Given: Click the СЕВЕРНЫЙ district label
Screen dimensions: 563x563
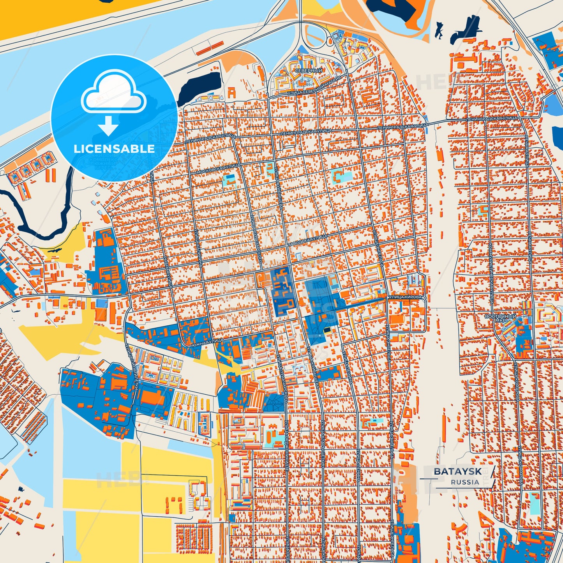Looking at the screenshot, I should coord(308,71).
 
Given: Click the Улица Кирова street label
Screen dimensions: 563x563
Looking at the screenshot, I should coord(405,297).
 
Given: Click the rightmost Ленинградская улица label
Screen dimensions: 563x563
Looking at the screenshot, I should coord(491,118).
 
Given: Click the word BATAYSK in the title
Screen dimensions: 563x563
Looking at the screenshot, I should coord(457,471).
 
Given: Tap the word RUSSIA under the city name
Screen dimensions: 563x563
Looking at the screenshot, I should coord(465,482).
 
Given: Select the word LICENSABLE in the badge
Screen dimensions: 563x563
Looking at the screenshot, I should coord(114,149).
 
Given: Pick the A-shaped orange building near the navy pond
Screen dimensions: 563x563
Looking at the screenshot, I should coord(232,92).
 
